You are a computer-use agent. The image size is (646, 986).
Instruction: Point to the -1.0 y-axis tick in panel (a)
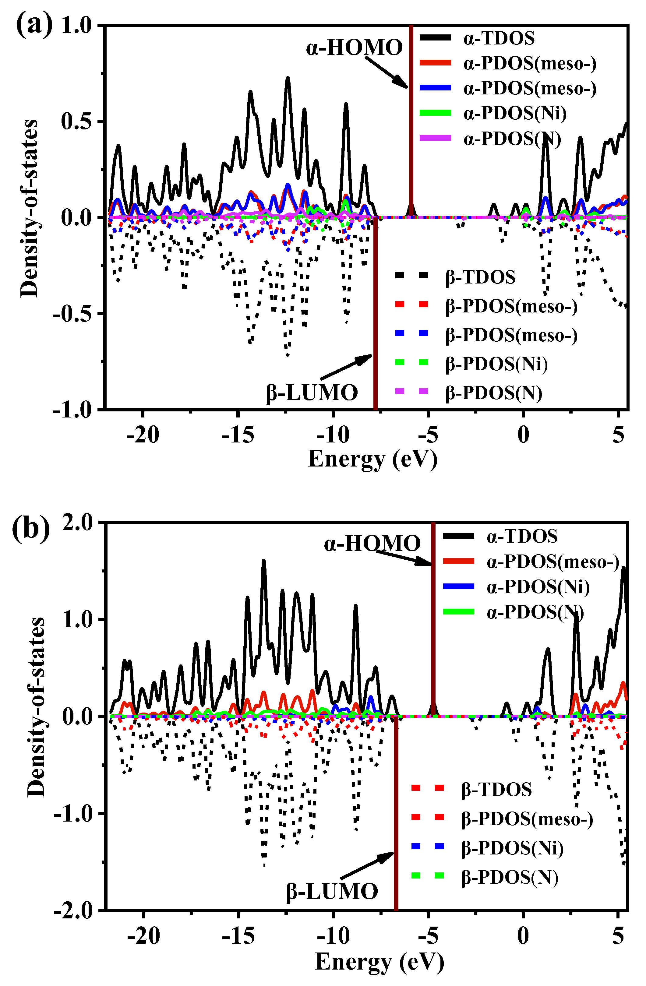[x=72, y=409]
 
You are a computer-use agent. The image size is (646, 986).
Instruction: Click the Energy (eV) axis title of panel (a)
[x=372, y=459]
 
